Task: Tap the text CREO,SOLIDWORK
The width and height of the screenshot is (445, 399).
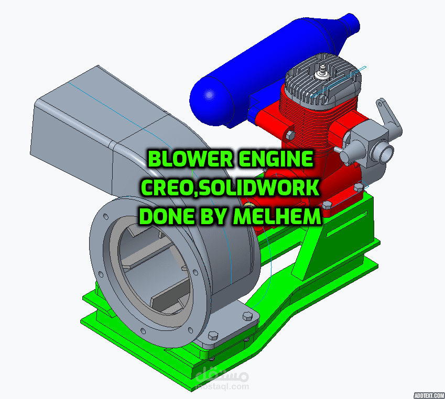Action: pos(230,187)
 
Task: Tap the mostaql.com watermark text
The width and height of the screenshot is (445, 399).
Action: pos(222,387)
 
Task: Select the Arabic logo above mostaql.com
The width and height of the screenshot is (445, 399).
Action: pos(222,374)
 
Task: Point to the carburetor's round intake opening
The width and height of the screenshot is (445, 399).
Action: pos(387,152)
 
